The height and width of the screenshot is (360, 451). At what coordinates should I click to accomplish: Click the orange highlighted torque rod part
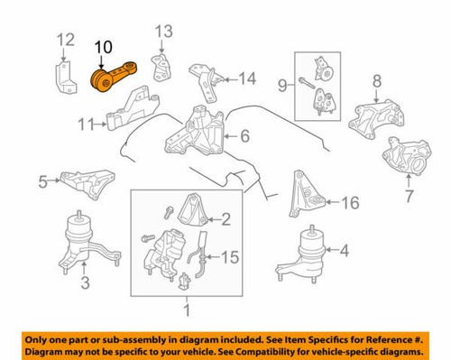[x=114, y=82]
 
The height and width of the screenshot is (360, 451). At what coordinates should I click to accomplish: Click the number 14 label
[x=247, y=78]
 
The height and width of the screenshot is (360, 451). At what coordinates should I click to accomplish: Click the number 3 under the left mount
[x=85, y=286]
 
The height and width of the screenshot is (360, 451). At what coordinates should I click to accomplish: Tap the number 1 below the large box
[x=187, y=311]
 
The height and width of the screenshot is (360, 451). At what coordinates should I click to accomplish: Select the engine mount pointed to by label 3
[x=78, y=241]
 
